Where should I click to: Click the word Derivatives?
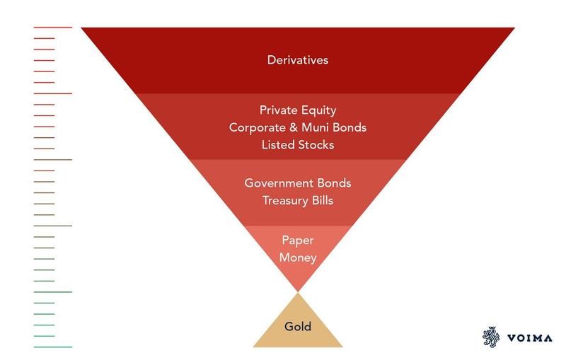298,59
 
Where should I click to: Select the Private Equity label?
298,110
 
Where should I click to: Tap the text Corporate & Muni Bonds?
298,128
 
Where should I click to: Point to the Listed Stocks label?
298,145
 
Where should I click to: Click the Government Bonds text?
298,182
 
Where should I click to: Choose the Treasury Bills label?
298,200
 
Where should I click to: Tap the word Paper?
298,240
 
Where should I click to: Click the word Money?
298,257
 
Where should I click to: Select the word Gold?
298,327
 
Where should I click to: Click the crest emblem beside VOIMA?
490,337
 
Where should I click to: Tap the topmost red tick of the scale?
52,27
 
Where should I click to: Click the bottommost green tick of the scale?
52,347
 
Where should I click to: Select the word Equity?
319,110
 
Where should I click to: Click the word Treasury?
284,200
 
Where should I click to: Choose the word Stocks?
316,145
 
